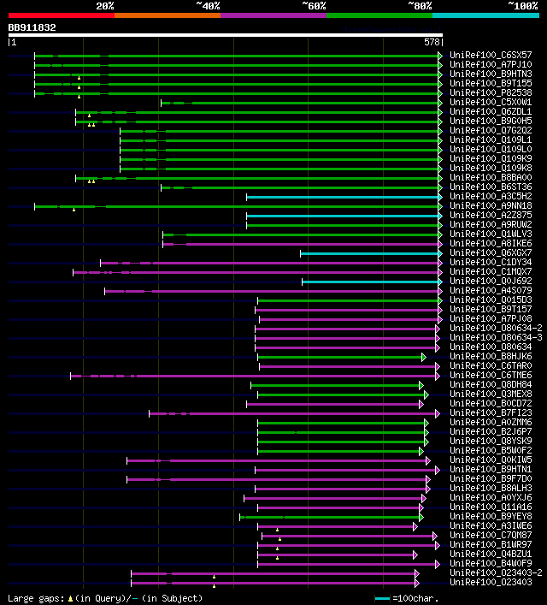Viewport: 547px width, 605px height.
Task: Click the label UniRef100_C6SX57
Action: [x=491, y=55]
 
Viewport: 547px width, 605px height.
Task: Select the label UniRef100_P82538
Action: [x=491, y=92]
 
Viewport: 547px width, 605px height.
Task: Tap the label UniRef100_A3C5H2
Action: [x=491, y=196]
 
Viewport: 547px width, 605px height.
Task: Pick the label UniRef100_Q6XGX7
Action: [x=491, y=252]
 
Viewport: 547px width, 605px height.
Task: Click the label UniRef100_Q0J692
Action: [x=491, y=281]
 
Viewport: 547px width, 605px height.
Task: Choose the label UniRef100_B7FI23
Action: [x=491, y=412]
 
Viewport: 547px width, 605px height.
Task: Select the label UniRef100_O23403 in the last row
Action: [x=491, y=582]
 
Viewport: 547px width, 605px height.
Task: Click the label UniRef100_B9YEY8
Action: [x=491, y=516]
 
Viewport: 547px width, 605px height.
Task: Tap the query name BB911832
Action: [x=32, y=27]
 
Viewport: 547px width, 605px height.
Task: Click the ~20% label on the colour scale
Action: [x=105, y=5]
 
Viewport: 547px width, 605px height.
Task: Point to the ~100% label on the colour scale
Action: [x=522, y=5]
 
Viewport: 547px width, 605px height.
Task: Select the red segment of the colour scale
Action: [x=61, y=15]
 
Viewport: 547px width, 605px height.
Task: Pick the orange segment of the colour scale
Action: [x=167, y=15]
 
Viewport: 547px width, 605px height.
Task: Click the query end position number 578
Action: [x=432, y=41]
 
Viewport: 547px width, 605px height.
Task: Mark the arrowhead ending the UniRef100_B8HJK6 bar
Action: [x=423, y=356]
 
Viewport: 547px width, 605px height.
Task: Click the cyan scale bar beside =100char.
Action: [x=382, y=597]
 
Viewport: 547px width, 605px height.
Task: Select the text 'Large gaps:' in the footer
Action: [x=33, y=597]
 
